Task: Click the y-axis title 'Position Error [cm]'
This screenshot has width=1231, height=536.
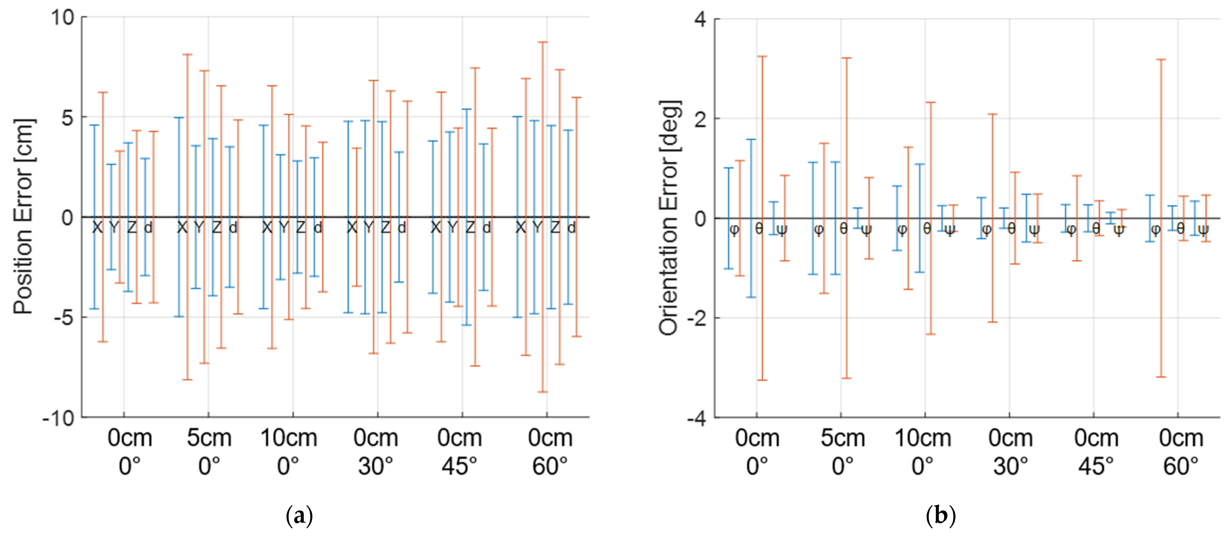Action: point(24,216)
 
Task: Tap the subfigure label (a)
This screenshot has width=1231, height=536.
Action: point(299,516)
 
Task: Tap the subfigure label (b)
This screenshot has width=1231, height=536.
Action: point(940,516)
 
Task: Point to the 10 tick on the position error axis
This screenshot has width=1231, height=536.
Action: point(63,18)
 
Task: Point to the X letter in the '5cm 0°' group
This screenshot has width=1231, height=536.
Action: point(182,228)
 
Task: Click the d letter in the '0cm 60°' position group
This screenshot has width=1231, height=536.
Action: point(571,228)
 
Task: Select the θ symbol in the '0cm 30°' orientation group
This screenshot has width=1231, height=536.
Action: point(1011,229)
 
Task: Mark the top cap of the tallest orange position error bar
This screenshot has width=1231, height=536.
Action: point(543,42)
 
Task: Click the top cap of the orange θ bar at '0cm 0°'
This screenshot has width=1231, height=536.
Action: point(762,56)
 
